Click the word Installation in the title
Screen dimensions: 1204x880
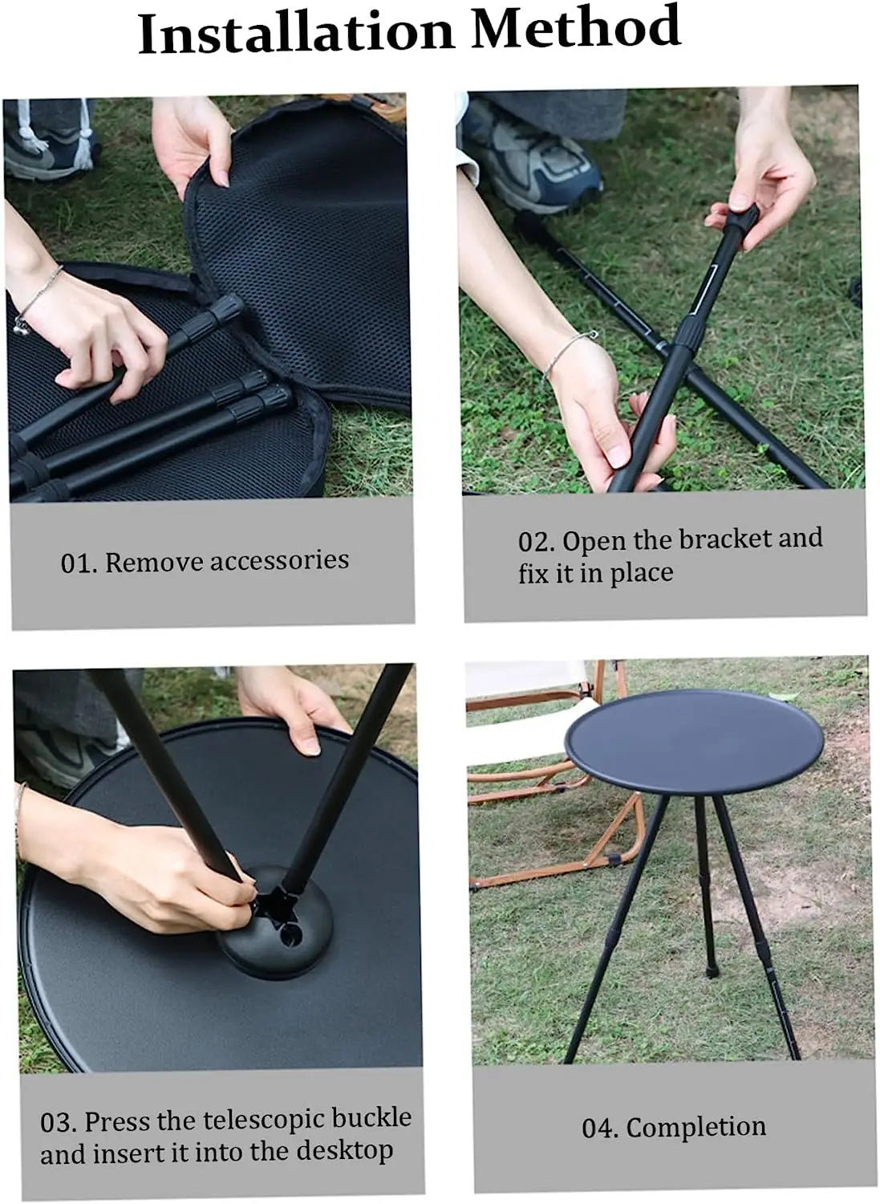(x=296, y=34)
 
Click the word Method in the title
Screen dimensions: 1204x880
(x=575, y=29)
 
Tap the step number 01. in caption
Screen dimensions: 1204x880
(x=79, y=563)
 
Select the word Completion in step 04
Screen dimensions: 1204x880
(x=695, y=1127)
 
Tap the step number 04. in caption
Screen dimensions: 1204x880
(x=600, y=1129)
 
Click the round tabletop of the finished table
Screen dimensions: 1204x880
(x=693, y=738)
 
